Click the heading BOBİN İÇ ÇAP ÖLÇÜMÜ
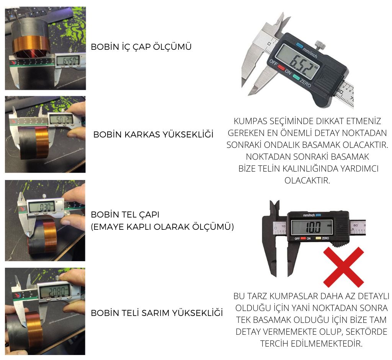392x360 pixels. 141,47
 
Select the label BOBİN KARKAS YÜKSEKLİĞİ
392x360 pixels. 153,134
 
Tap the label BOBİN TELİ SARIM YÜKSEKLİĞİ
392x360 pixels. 157,313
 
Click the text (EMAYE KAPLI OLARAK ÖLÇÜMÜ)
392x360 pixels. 162,227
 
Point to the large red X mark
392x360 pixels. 343,267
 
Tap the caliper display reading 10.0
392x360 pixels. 312,227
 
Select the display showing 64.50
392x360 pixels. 68,61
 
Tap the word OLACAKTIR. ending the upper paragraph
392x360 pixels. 307,180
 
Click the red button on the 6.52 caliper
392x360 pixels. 281,67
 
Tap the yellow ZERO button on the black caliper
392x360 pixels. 318,238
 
